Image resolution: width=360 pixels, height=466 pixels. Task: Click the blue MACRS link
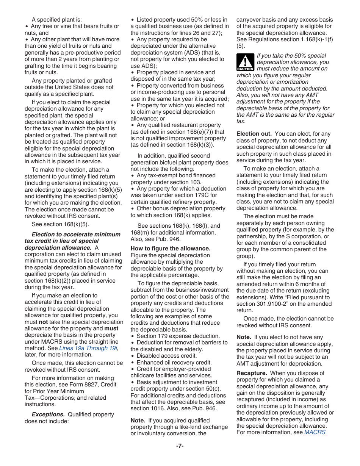pos(315,432)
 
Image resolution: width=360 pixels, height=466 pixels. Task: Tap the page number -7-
pos(180,446)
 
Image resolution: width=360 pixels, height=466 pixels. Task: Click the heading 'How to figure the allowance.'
pos(170,249)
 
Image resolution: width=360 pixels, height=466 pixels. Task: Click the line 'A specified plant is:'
pos(56,20)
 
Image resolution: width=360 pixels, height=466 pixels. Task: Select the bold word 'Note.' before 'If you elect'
pos(244,337)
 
